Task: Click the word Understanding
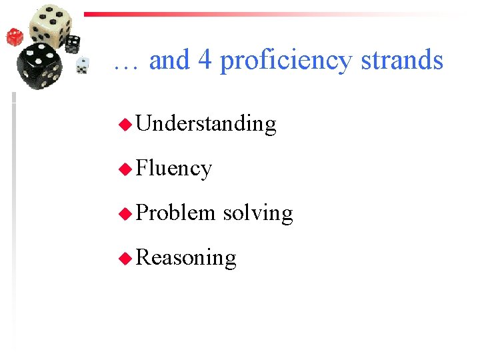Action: [206, 124]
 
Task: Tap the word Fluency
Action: [174, 169]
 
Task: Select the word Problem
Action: [175, 213]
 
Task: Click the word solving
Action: [258, 213]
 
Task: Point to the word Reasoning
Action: [186, 258]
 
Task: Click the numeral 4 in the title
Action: [205, 61]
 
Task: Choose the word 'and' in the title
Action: [169, 61]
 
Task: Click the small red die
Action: [15, 37]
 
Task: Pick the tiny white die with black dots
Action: [82, 65]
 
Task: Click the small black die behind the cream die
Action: [72, 43]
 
